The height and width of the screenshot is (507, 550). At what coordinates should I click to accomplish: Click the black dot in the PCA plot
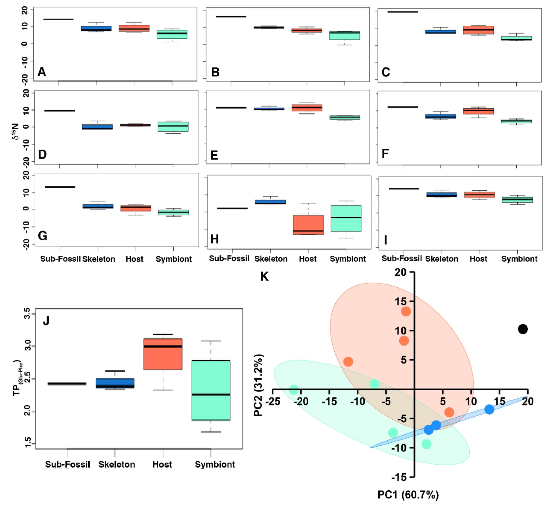tap(523, 329)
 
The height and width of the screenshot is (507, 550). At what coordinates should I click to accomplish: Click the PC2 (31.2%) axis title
tap(258, 385)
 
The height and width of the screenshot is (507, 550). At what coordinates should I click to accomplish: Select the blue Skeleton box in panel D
tap(97, 127)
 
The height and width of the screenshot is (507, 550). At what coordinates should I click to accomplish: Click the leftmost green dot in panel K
tap(293, 390)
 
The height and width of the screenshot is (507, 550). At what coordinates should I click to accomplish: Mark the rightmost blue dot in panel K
tap(489, 409)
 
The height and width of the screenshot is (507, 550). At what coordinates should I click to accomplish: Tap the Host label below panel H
tap(307, 259)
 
